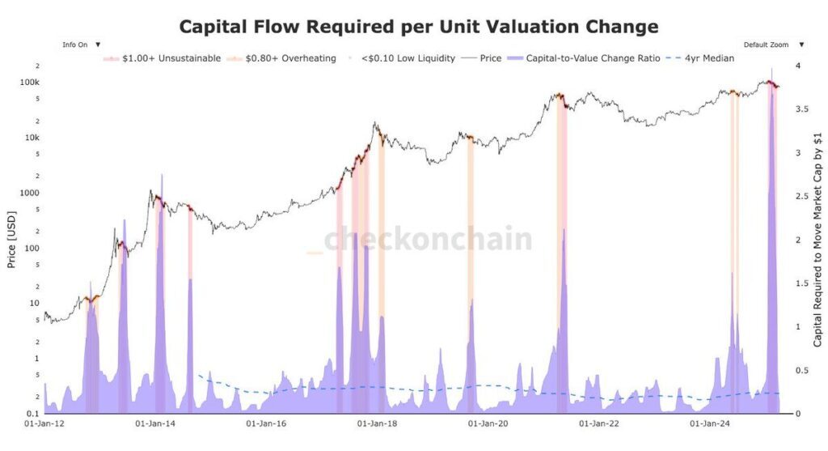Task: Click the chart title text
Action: point(418,27)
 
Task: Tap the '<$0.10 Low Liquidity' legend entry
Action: point(408,58)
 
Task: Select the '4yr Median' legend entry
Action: point(709,58)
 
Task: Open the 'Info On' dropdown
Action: point(82,45)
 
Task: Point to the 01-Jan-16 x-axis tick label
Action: point(267,423)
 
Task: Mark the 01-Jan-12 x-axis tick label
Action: point(44,423)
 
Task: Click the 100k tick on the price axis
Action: point(30,83)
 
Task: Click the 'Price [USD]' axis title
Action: point(11,239)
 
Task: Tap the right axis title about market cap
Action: point(817,239)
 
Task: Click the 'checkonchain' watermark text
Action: point(429,240)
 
